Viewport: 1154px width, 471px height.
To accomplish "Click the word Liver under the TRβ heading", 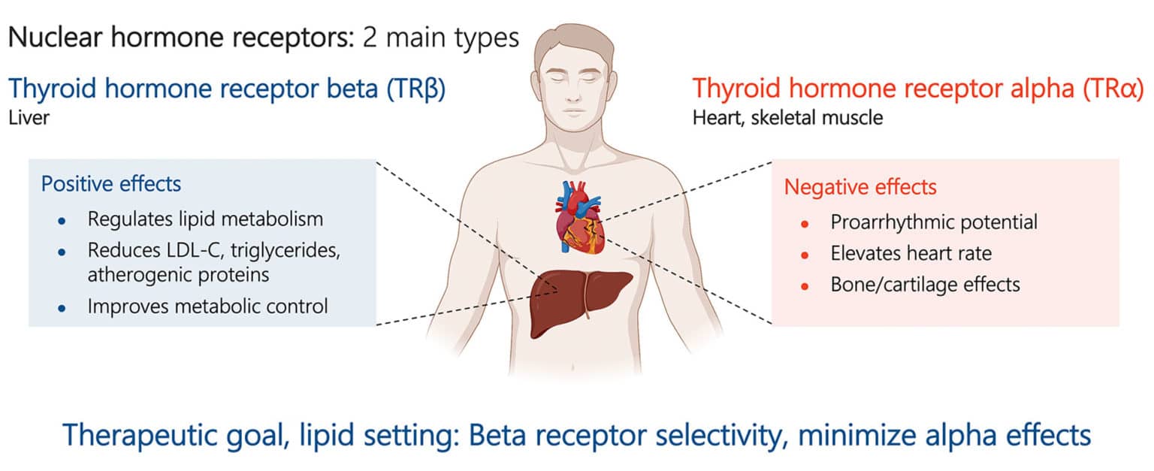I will tap(29, 118).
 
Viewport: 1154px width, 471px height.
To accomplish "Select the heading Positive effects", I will tap(111, 184).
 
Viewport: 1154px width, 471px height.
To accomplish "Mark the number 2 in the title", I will tap(370, 38).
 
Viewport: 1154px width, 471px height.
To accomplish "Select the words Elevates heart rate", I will tap(911, 253).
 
